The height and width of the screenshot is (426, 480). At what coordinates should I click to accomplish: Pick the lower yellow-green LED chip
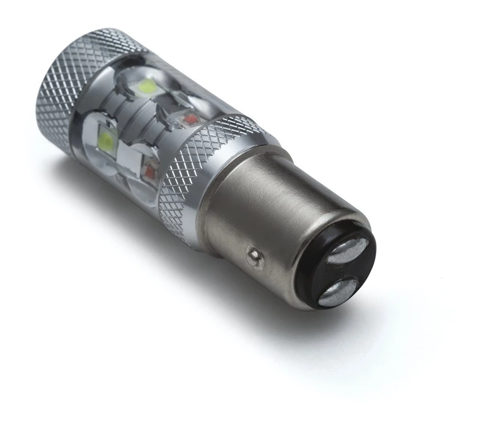(107, 140)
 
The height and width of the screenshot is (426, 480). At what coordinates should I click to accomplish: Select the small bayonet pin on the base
(254, 255)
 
